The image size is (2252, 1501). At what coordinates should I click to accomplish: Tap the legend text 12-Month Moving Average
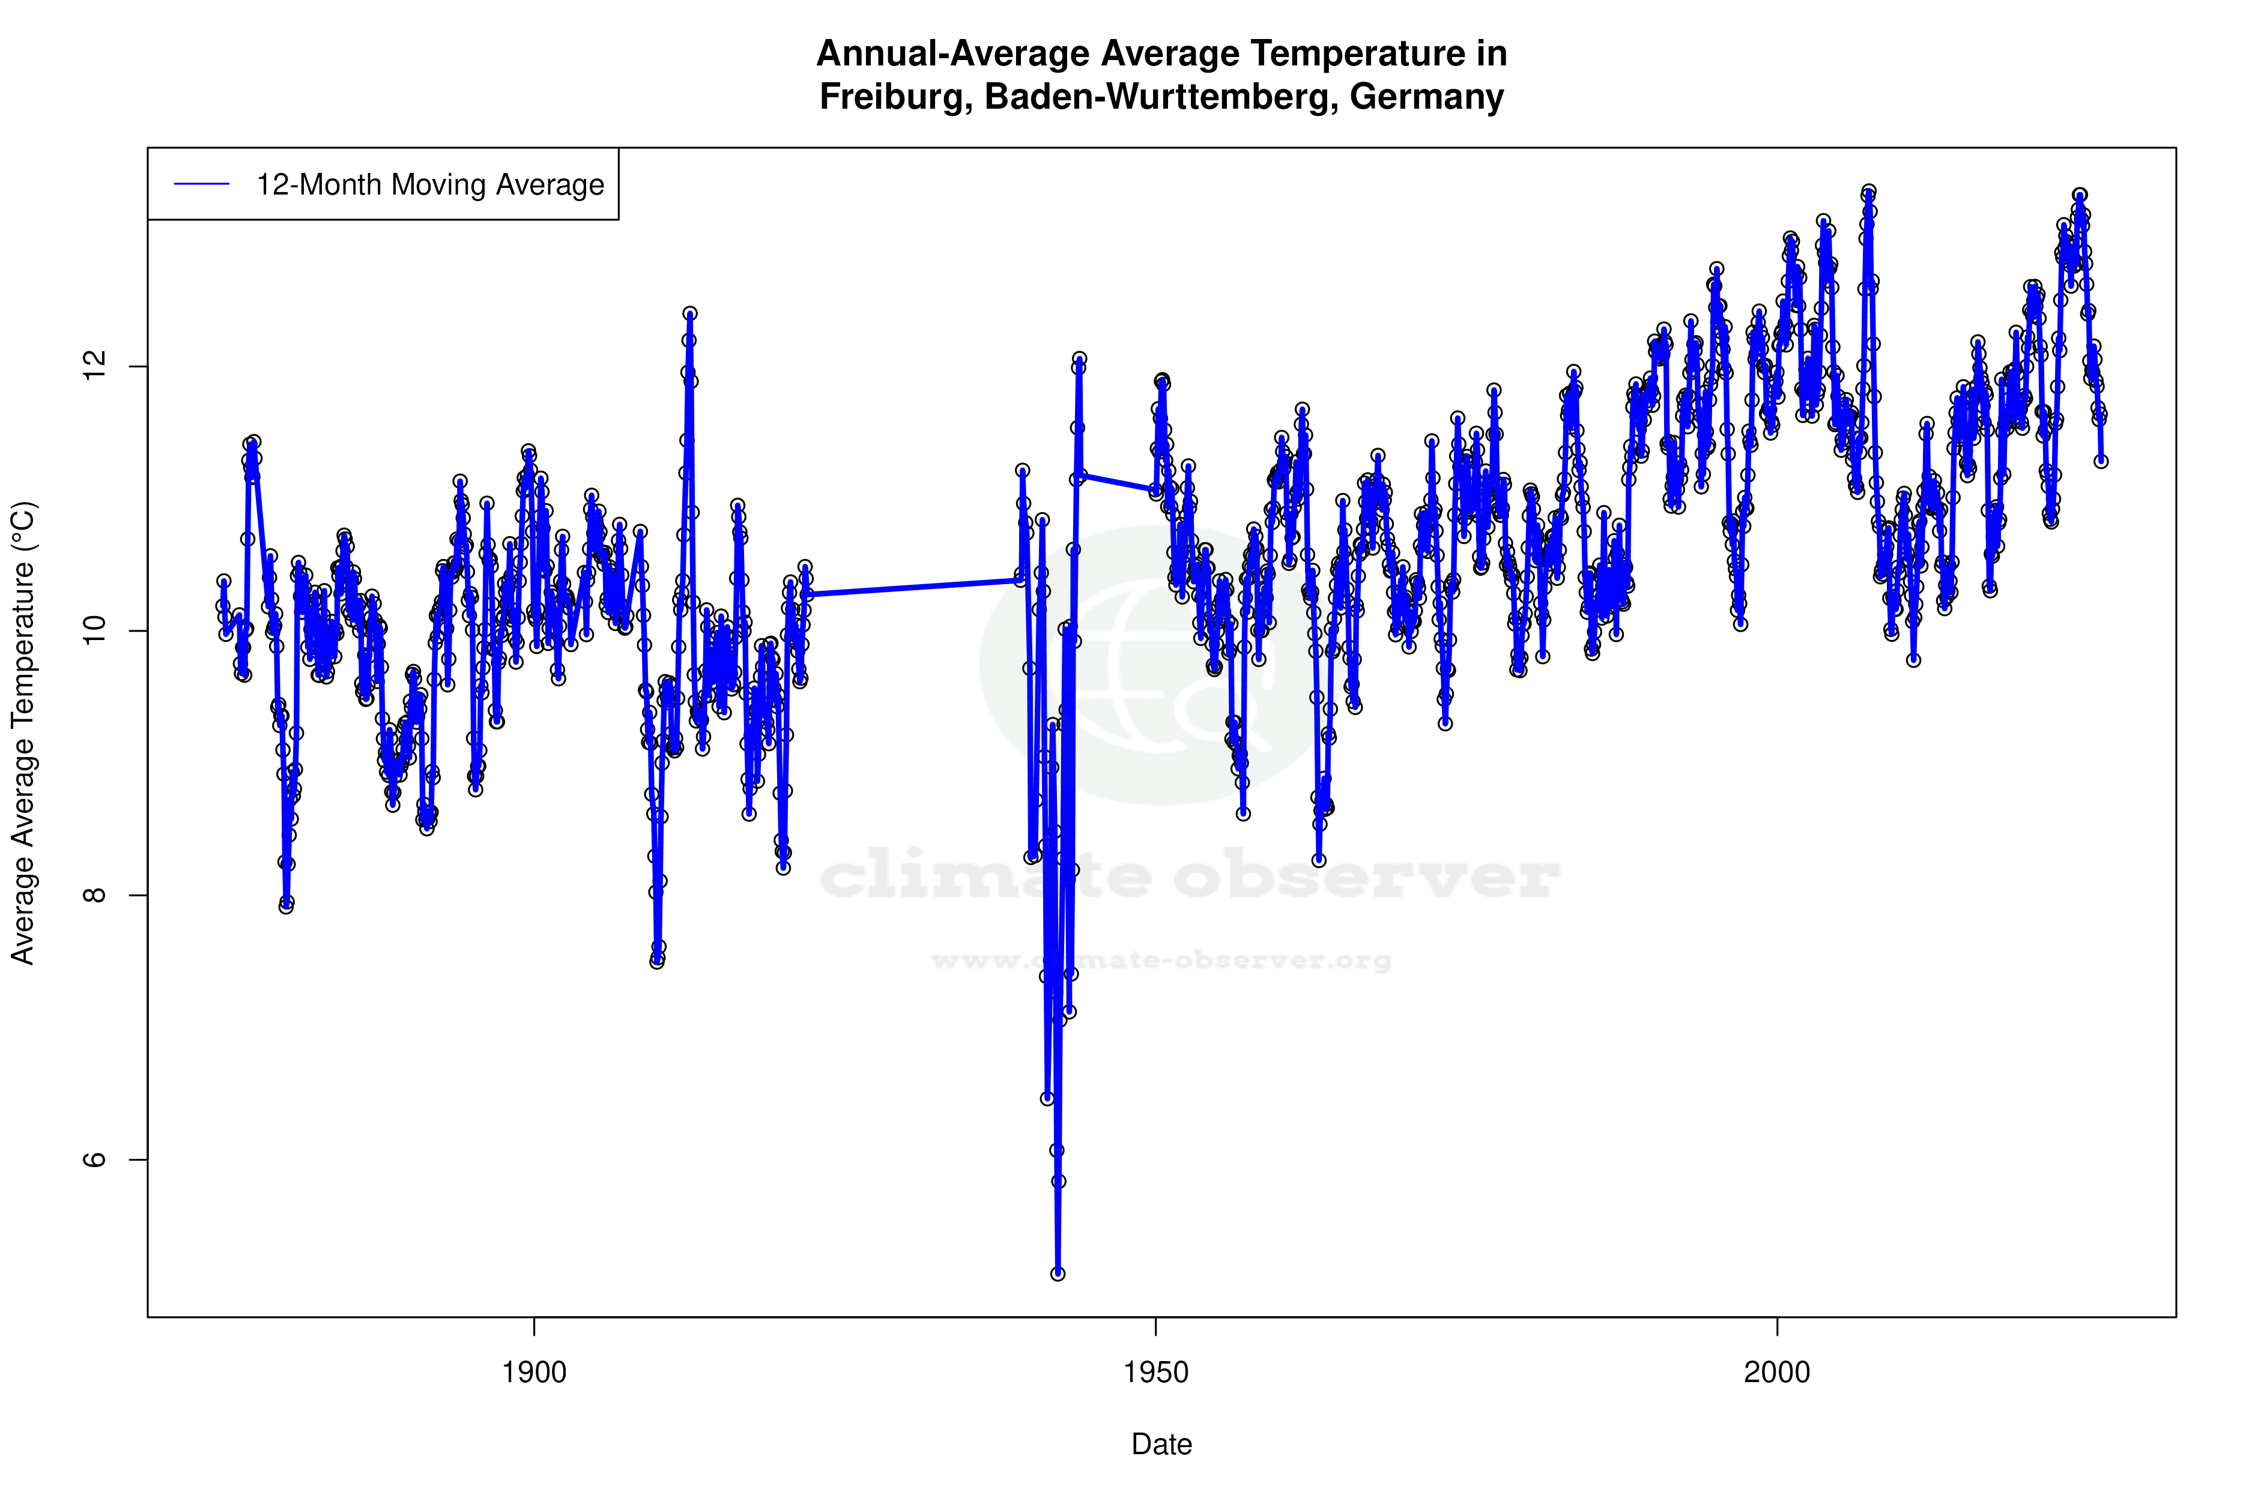430,185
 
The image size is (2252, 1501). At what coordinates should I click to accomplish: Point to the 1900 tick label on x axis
534,1373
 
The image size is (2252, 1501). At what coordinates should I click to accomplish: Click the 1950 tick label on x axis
1155,1373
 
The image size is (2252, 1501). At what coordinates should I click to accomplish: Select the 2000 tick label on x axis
1777,1373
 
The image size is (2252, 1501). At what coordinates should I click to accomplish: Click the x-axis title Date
1161,1445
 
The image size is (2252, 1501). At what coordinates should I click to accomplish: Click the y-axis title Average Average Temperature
23,732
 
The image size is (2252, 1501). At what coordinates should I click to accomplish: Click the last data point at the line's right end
2101,461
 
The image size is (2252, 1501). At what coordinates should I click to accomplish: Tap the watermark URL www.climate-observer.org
1161,960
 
